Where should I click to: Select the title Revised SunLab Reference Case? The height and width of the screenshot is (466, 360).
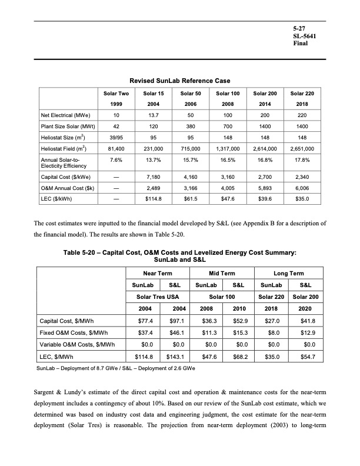[179, 81]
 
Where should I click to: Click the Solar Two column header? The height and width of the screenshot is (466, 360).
[116, 94]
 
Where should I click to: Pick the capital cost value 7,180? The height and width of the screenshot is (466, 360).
[152, 175]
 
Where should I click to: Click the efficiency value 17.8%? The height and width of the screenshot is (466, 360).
[302, 161]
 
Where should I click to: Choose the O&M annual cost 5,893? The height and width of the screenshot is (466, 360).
[266, 187]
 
